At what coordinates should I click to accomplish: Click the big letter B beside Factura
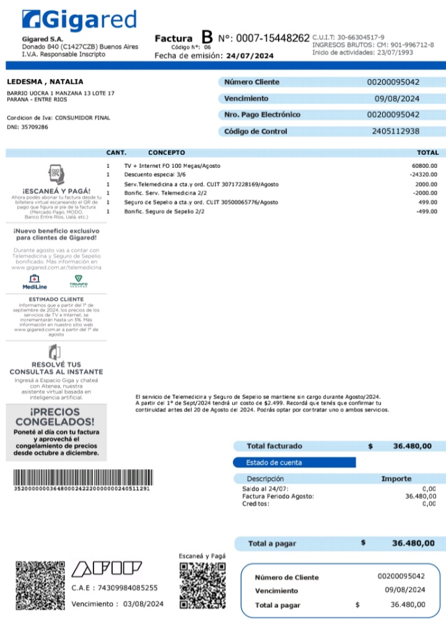tap(207, 38)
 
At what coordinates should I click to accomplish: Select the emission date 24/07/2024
tap(250, 56)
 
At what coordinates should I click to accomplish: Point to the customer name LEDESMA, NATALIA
tap(45, 82)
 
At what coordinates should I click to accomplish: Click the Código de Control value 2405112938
tap(395, 131)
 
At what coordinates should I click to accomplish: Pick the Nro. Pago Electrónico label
tap(262, 115)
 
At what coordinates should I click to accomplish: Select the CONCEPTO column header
tap(166, 152)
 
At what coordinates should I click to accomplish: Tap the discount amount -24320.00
tap(424, 175)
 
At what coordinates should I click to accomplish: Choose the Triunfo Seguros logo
tap(78, 282)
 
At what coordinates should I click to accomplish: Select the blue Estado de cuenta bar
tap(294, 462)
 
